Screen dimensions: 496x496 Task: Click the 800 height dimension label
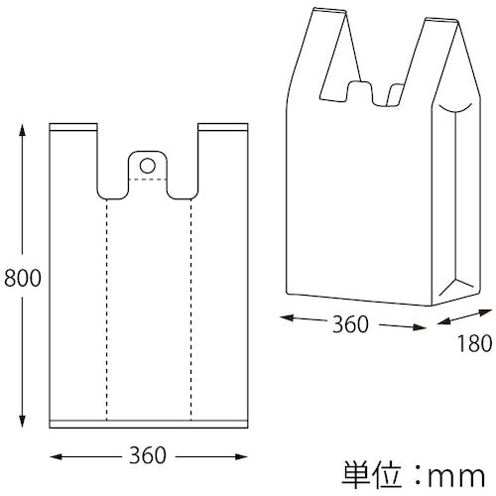click(x=23, y=278)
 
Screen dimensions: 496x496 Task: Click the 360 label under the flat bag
click(x=148, y=455)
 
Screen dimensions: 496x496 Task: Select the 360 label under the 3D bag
click(x=350, y=324)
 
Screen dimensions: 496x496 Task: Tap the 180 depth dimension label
click(x=474, y=343)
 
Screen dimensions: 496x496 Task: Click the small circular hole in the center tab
click(x=148, y=166)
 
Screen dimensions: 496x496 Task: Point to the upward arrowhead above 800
click(x=22, y=130)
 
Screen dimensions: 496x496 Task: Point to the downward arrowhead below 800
click(x=22, y=422)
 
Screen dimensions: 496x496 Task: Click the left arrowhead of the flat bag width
click(x=57, y=457)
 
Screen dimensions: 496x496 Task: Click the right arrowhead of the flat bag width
click(x=241, y=457)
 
